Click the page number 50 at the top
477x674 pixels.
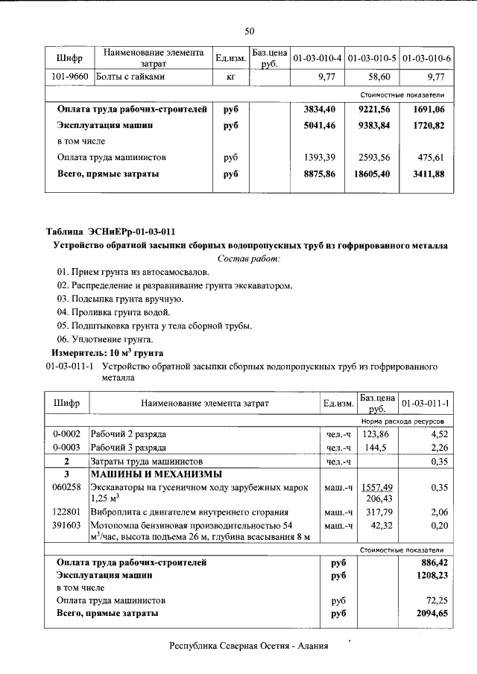point(249,31)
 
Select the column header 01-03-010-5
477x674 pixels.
point(370,58)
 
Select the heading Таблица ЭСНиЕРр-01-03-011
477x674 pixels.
point(111,232)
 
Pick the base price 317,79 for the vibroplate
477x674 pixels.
point(376,512)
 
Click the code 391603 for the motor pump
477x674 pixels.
point(66,526)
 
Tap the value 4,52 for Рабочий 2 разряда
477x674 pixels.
point(439,433)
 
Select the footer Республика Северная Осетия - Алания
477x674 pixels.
point(249,646)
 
